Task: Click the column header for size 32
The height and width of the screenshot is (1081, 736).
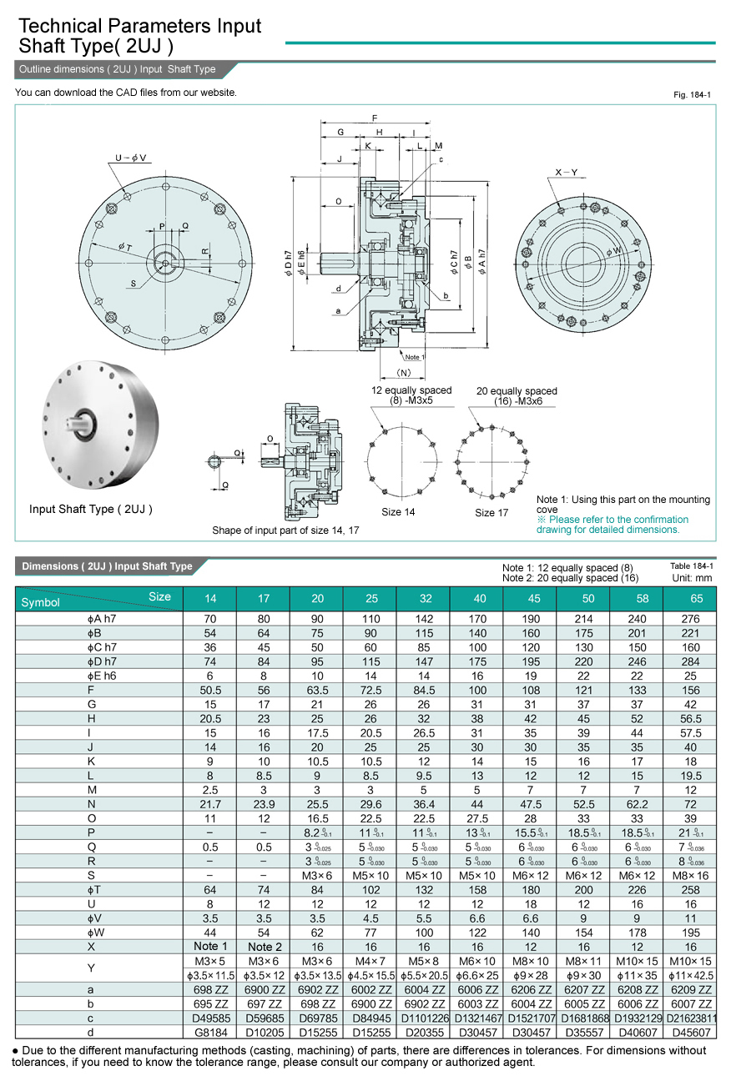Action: click(x=424, y=599)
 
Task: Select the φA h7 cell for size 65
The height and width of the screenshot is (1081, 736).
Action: click(x=690, y=619)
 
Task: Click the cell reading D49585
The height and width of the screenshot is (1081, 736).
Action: click(x=209, y=1018)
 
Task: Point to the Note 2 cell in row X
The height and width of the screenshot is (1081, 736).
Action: click(x=264, y=947)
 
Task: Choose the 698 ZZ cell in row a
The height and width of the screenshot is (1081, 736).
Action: click(x=209, y=990)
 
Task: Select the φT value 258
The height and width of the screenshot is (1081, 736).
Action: click(x=690, y=889)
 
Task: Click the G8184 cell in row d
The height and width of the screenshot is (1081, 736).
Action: click(x=209, y=1033)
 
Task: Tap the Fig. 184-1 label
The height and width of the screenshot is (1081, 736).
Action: click(x=692, y=95)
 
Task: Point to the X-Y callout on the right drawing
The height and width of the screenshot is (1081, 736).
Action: click(x=567, y=172)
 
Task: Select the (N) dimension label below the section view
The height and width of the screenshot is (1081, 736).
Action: click(x=404, y=373)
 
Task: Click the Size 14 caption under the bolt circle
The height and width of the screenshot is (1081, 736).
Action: click(x=398, y=512)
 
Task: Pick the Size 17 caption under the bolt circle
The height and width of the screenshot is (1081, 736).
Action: click(x=491, y=512)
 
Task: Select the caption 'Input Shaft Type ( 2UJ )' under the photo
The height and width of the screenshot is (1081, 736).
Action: click(x=91, y=509)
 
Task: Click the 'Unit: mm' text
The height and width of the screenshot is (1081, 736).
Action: click(x=692, y=577)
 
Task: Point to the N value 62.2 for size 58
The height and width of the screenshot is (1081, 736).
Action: click(x=637, y=805)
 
